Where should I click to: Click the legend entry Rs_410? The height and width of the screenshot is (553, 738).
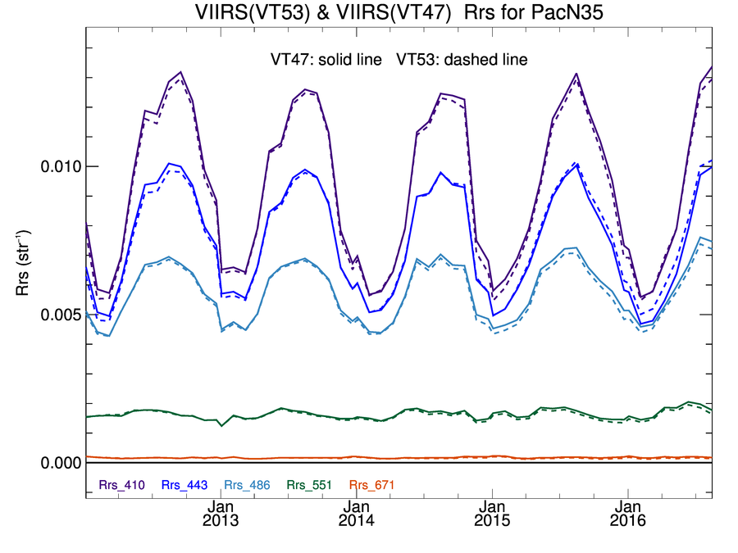[122, 485]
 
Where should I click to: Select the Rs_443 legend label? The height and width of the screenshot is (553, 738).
[184, 485]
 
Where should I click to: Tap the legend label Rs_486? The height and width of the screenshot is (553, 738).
[247, 485]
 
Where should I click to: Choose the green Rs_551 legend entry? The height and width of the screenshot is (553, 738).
[309, 485]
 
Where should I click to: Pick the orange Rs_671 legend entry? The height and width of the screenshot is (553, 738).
[371, 485]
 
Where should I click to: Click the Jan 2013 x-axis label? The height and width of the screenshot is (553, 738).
[221, 514]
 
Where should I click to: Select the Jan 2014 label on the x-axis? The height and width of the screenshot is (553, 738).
[357, 514]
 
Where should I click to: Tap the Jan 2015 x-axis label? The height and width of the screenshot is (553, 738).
[493, 514]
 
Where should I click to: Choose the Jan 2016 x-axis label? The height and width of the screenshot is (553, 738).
[628, 514]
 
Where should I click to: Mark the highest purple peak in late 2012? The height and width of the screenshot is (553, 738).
[180, 72]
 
